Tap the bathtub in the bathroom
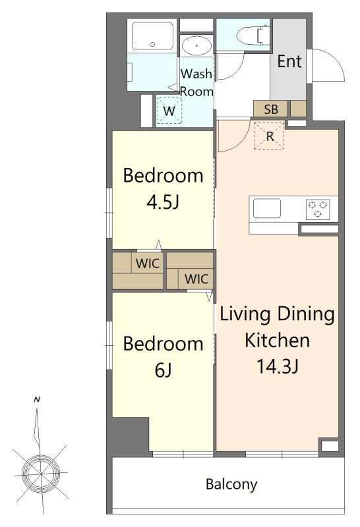tap(152, 36)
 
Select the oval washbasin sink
tap(196, 46)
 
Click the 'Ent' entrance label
tap(289, 61)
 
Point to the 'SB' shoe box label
tap(271, 109)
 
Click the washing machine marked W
tap(169, 111)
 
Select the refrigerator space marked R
tap(269, 136)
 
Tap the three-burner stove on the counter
tap(318, 209)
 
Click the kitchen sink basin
tap(267, 208)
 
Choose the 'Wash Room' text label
tap(196, 82)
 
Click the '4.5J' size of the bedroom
tap(163, 202)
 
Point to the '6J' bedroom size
tap(163, 370)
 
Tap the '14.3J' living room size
tap(278, 366)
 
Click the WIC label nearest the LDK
tap(196, 279)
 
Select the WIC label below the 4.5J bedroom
tap(148, 263)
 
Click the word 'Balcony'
tap(231, 484)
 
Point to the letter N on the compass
tap(37, 400)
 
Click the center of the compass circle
tap(41, 473)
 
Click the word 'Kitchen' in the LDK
tap(277, 340)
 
